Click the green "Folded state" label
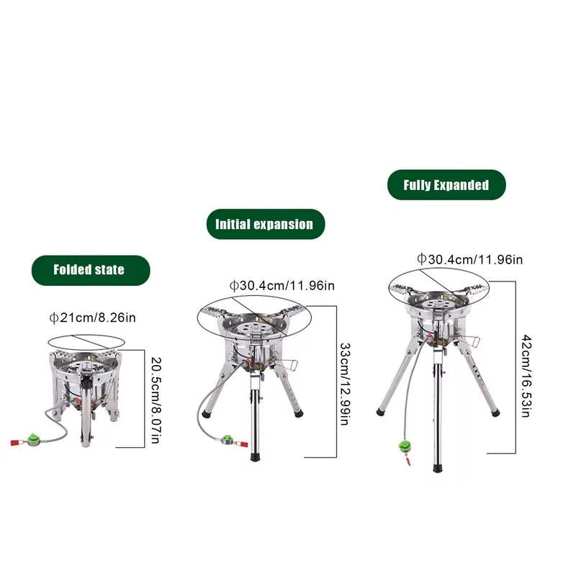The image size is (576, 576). click(x=89, y=270)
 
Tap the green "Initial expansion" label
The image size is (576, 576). click(x=264, y=224)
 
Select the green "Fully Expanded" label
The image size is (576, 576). click(x=446, y=185)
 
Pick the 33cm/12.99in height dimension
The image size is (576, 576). click(x=343, y=382)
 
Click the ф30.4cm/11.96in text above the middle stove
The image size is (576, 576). click(x=282, y=286)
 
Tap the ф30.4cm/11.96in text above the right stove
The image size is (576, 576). click(x=469, y=259)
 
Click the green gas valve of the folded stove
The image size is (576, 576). click(x=32, y=438)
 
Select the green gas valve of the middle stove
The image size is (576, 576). click(x=226, y=440)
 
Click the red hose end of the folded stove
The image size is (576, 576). click(x=14, y=442)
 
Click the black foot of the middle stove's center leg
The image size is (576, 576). click(x=254, y=456)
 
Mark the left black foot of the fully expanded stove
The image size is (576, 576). click(x=380, y=412)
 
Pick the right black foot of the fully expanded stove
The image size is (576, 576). click(x=495, y=413)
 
